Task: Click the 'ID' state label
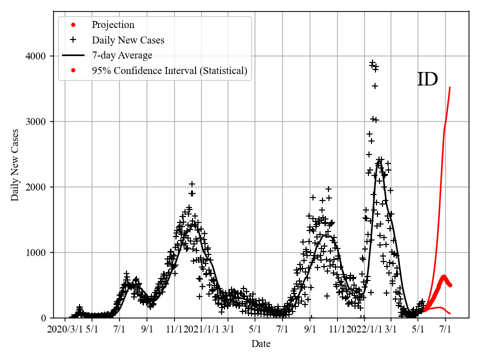coord(427,79)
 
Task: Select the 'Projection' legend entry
coord(112,25)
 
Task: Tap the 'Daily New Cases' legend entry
coord(127,40)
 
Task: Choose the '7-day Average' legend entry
coord(121,55)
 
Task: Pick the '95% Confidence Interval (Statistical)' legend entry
coord(169,70)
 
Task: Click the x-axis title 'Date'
coord(261,344)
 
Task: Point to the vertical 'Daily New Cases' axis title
coord(15,165)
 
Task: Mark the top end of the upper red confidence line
coord(450,87)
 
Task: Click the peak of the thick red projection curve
coord(443,276)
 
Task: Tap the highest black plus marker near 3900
coord(372,62)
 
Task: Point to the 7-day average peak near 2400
coord(379,160)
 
